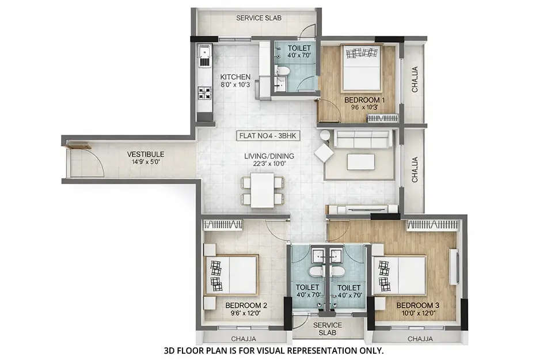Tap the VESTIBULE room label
(146, 154)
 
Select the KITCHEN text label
(235, 77)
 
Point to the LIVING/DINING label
(269, 156)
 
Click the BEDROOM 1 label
(364, 100)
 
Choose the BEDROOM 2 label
(246, 305)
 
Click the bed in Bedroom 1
(361, 67)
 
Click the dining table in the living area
(263, 190)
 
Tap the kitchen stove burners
(204, 94)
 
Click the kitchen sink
(204, 56)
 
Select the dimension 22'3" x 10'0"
(269, 164)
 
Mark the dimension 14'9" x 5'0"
(146, 162)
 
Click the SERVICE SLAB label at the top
(259, 18)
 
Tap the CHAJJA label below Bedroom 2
(243, 339)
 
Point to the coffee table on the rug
(361, 162)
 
